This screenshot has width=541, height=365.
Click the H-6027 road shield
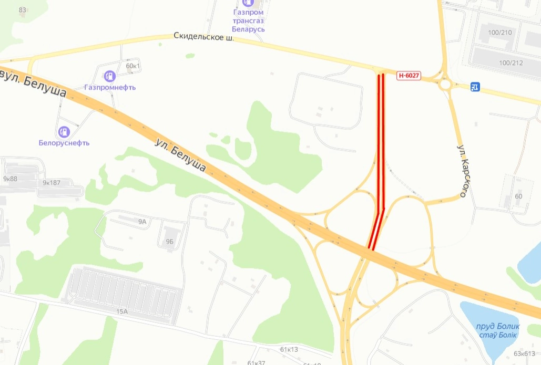409,76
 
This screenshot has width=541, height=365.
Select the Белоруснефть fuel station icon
64,131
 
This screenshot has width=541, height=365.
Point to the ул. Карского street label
462,170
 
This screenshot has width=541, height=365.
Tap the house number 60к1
134,66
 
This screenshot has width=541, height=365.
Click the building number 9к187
52,183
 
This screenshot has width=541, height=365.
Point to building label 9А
142,222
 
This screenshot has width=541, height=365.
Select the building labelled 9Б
169,242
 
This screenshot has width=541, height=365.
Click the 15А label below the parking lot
122,311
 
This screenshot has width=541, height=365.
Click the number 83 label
23,10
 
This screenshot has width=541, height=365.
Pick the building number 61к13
289,349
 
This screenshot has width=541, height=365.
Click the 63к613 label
524,353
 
